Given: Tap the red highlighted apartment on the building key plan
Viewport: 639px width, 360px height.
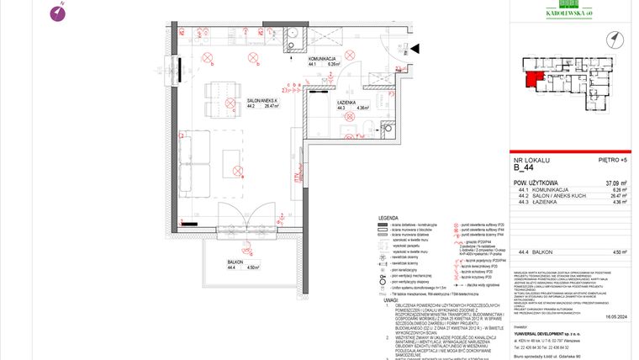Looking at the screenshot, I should (531, 80).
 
